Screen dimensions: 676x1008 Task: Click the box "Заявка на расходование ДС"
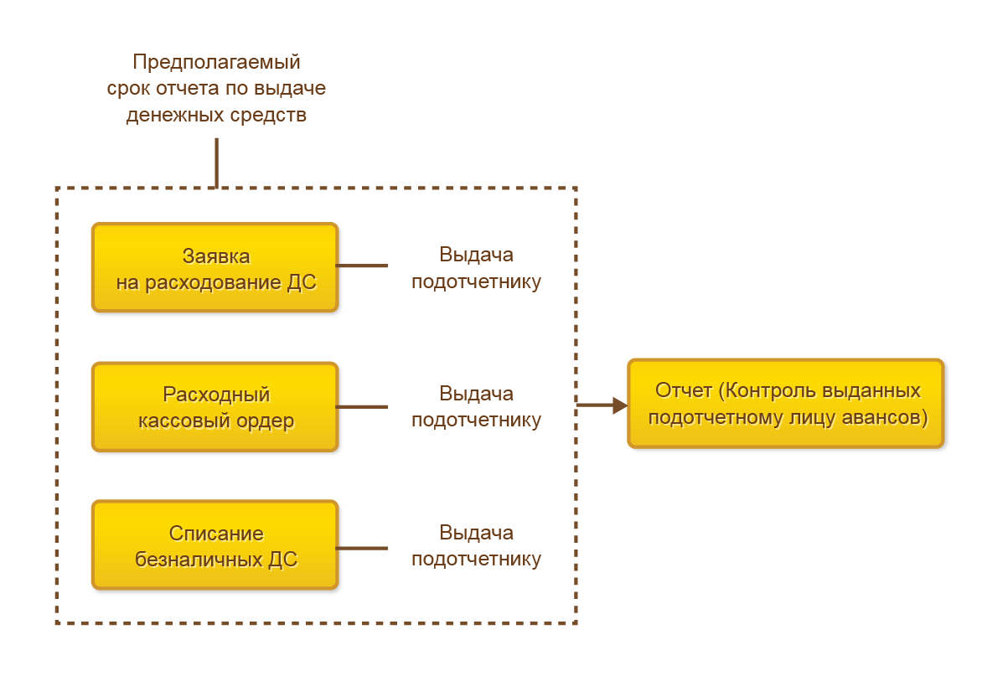(215, 267)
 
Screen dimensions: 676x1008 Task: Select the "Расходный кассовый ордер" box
(215, 407)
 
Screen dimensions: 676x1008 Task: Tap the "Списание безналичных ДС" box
(215, 545)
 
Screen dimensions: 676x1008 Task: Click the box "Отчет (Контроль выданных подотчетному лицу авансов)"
(786, 404)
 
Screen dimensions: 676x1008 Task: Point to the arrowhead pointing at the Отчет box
(620, 405)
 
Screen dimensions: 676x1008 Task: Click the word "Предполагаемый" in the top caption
(216, 62)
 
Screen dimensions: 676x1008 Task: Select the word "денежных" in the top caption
(171, 115)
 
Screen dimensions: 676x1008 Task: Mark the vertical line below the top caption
(216, 163)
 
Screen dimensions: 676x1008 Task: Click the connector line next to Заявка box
(362, 266)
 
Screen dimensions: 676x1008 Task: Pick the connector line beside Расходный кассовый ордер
(362, 407)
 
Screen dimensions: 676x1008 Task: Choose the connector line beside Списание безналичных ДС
(362, 549)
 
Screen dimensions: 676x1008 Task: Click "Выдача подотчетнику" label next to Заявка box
(476, 268)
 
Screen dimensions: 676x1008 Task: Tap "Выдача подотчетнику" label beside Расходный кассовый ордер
(476, 406)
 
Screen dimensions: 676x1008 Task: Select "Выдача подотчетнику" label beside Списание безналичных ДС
(476, 545)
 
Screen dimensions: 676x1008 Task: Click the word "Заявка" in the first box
(216, 255)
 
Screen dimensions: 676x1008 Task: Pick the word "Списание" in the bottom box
(216, 534)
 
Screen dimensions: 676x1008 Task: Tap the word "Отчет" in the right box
(683, 391)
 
